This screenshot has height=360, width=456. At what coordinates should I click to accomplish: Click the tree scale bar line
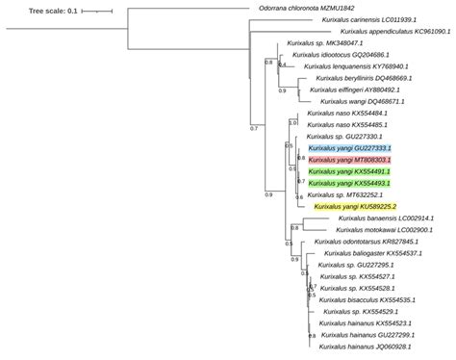tap(97, 12)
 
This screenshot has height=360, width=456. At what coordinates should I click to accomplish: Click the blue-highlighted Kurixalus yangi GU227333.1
tap(350, 148)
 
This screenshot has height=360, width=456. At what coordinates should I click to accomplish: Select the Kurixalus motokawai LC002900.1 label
tap(384, 230)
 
